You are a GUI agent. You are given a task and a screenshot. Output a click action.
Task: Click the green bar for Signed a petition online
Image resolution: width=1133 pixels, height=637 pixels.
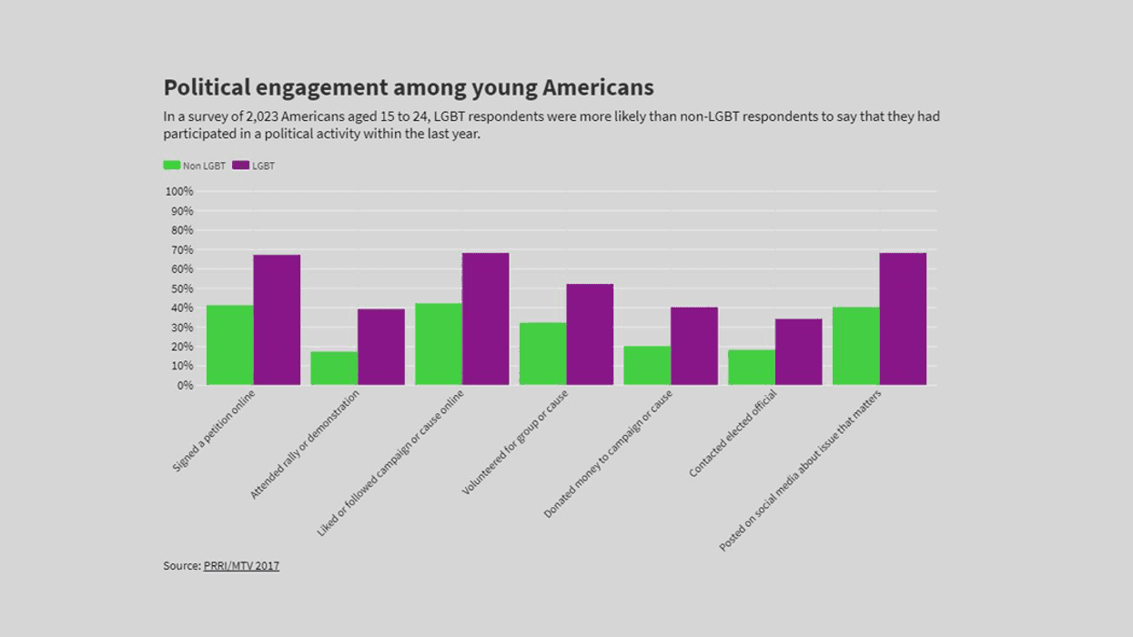point(229,345)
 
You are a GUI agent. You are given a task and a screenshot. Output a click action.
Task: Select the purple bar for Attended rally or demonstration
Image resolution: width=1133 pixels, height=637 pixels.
point(380,347)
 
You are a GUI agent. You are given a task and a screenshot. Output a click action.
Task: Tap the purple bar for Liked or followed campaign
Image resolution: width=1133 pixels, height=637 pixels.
point(485,318)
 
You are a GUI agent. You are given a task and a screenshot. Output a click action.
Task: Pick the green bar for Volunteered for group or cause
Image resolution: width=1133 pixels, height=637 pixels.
point(542,354)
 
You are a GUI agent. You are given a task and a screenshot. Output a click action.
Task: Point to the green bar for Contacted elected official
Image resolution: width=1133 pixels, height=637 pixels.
point(751,367)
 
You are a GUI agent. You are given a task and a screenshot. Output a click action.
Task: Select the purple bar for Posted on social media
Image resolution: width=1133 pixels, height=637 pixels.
point(903,318)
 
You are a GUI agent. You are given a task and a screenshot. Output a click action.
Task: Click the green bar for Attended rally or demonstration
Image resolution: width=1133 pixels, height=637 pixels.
point(334,368)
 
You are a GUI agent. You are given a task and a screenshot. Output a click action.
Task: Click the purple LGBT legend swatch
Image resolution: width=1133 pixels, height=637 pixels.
point(240,166)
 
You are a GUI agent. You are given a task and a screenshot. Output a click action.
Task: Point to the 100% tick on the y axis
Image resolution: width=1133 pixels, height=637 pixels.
point(179,191)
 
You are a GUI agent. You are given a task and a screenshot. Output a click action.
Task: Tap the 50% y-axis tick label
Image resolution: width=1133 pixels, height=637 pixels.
point(181,288)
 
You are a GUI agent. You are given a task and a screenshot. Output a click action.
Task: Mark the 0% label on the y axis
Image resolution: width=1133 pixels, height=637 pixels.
point(185,385)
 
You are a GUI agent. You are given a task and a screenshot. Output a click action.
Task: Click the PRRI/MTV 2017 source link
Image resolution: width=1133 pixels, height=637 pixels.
point(241,566)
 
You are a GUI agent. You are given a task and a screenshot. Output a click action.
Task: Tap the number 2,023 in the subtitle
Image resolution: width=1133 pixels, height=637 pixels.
point(262,116)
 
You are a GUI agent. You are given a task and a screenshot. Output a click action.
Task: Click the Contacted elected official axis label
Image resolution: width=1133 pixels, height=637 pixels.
point(733,433)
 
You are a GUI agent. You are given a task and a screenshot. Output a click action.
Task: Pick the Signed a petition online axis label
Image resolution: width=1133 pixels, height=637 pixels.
point(215,430)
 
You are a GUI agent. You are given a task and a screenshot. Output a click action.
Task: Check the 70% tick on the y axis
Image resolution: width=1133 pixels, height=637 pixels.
point(181,249)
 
